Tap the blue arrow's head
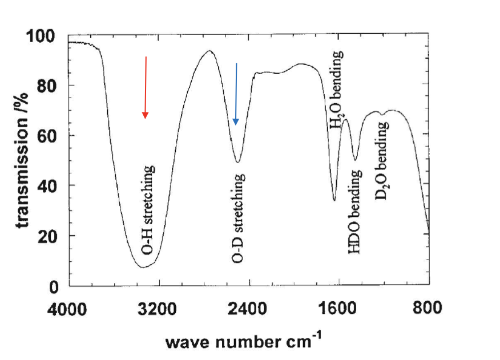tap(235, 122)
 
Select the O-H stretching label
tap(148, 209)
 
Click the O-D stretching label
tap(239, 218)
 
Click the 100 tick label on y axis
tap(41, 37)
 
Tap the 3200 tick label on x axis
tap(159, 309)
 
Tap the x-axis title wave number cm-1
tap(243, 342)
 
